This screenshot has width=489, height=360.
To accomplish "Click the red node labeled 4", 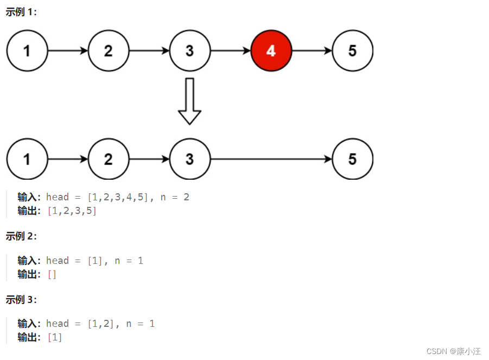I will [x=271, y=51].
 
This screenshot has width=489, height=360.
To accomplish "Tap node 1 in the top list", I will [x=27, y=51].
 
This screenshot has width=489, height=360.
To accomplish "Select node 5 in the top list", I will [x=352, y=51].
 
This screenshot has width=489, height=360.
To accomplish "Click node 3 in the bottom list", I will [x=189, y=159].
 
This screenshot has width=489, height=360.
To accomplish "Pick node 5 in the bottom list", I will [x=352, y=159].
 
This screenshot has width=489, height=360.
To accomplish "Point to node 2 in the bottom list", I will [x=108, y=159].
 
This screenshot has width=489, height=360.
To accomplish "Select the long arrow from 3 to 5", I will [x=271, y=159].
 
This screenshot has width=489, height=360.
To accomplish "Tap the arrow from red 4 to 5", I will [x=312, y=51].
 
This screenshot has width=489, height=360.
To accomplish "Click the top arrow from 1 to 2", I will [x=68, y=51].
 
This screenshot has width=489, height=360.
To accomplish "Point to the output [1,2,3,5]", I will [x=72, y=211].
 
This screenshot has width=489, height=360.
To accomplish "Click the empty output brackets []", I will [x=52, y=274].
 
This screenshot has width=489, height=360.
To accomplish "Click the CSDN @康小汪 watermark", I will [x=453, y=351].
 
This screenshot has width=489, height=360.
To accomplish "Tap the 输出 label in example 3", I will [x=29, y=337].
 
